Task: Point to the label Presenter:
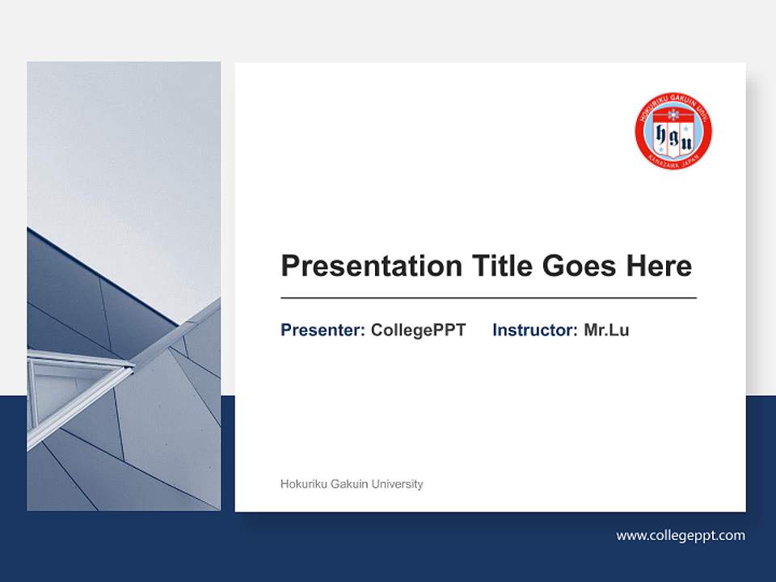323,330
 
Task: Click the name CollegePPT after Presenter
418,330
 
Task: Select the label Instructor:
534,330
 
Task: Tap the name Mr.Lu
606,330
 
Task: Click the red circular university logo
673,131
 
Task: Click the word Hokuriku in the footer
301,484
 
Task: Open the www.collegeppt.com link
681,535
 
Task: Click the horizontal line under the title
488,298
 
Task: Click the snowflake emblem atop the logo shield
673,113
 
